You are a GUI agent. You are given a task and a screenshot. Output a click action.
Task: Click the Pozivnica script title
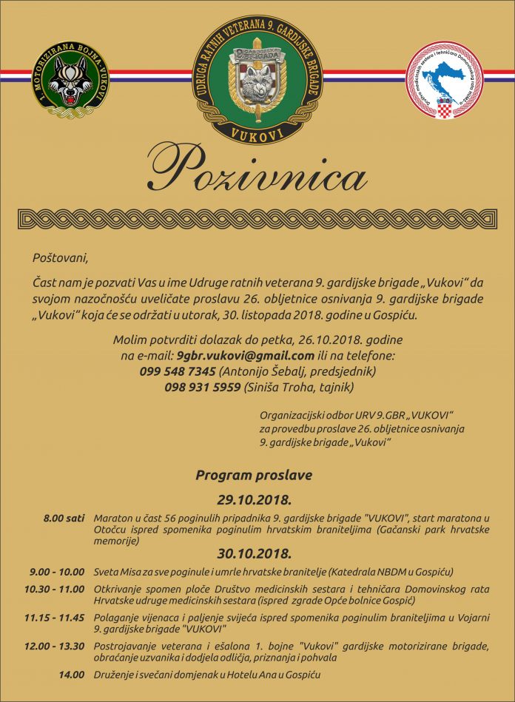click(257, 172)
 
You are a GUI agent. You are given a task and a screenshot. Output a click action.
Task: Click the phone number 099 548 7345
click(178, 371)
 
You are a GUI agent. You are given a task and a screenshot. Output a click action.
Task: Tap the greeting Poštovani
click(60, 259)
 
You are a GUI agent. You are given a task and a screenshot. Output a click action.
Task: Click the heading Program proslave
click(254, 475)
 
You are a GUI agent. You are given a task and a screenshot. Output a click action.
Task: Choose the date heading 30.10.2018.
click(254, 553)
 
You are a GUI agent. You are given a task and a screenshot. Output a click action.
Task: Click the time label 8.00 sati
click(64, 518)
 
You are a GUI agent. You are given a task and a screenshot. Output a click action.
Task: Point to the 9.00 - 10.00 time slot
click(58, 572)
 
